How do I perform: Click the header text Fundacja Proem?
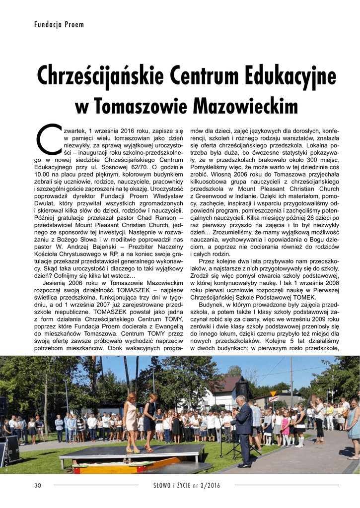[59, 24]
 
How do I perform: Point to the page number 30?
[37, 485]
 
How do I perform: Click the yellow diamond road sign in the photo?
[273, 393]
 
